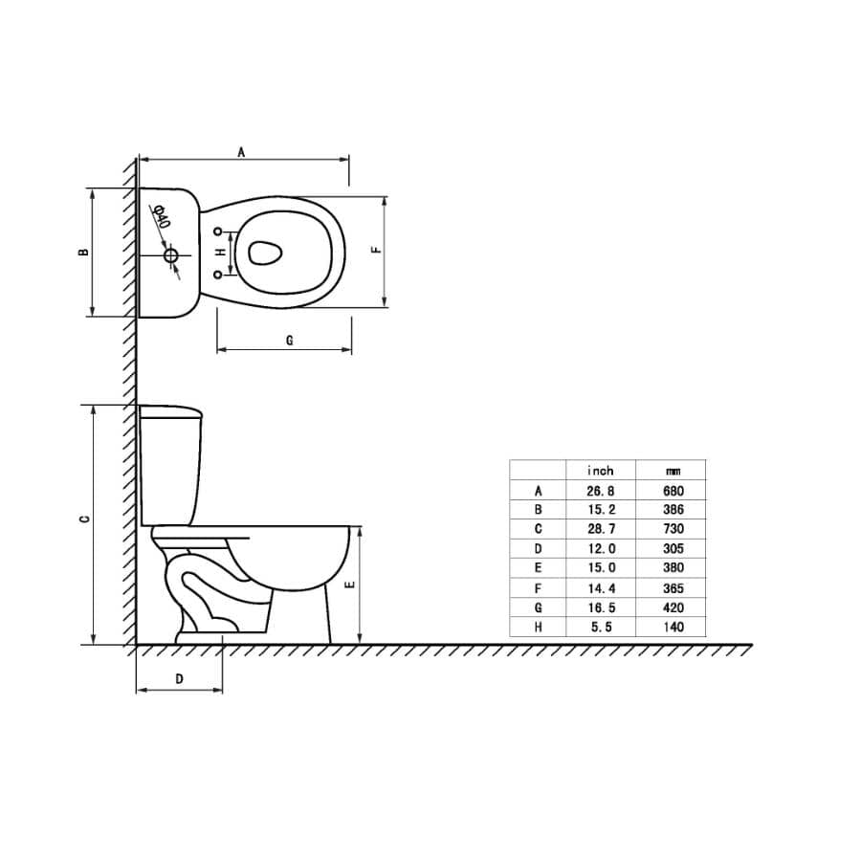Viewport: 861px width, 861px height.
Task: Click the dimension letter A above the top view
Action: click(x=242, y=151)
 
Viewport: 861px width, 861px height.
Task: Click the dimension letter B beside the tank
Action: click(x=84, y=253)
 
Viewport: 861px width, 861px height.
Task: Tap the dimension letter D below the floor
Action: click(x=179, y=678)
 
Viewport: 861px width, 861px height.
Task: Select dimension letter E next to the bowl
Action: click(x=350, y=585)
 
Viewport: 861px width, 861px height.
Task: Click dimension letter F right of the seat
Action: click(x=377, y=251)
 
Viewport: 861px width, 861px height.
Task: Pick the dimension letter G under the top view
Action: click(x=289, y=340)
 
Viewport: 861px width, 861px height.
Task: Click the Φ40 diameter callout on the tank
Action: click(x=162, y=217)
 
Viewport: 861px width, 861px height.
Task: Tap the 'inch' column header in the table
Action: click(x=600, y=471)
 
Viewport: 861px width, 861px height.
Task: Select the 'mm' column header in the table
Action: click(x=673, y=471)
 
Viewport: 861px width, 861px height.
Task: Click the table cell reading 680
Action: click(x=673, y=491)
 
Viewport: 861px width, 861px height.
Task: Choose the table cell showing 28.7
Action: click(x=600, y=529)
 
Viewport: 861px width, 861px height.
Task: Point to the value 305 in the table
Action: click(x=673, y=549)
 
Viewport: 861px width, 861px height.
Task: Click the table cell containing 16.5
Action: click(x=600, y=607)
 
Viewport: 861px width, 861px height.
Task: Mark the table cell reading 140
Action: click(x=673, y=628)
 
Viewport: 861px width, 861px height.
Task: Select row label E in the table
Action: click(x=539, y=568)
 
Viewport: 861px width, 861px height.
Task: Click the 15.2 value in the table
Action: click(x=600, y=510)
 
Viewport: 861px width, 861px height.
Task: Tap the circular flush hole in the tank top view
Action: click(x=171, y=255)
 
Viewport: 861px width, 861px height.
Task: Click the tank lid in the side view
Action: click(x=171, y=412)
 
